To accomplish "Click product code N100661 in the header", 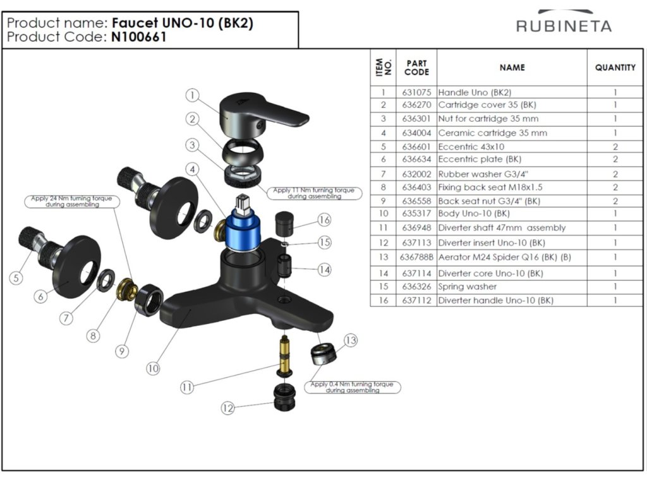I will click(139, 37).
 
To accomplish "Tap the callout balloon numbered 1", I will click(193, 96).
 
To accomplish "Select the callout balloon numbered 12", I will click(227, 408).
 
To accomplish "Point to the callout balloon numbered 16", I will click(324, 220).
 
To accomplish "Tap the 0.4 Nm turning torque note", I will click(353, 387).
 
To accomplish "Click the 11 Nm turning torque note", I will click(314, 193).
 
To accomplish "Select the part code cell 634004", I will click(416, 133).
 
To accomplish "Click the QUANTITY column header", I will click(615, 68).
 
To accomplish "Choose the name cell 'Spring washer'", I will click(468, 287).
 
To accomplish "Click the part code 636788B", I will click(416, 257).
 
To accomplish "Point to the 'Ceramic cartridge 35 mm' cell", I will click(493, 133).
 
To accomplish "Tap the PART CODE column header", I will click(416, 68).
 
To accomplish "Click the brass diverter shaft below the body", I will click(284, 356).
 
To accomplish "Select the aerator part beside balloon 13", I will click(323, 354).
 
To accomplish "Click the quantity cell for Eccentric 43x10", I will click(615, 147).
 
